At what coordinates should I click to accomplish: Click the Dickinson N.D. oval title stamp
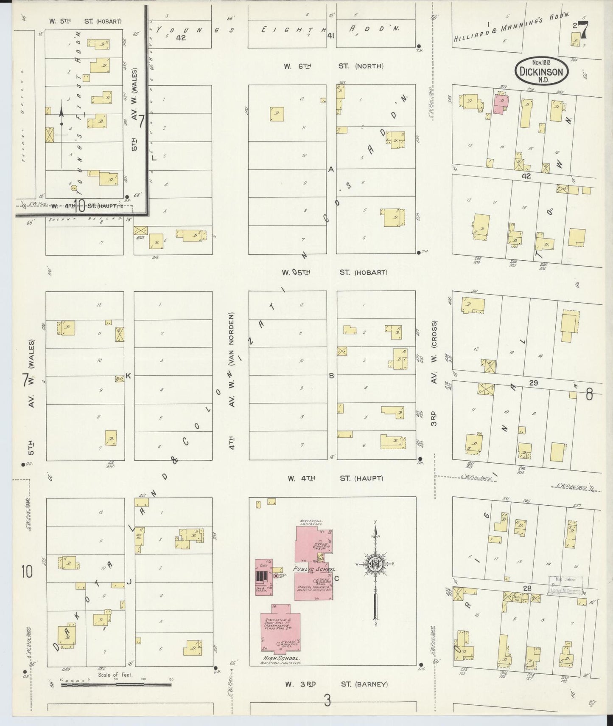pos(541,71)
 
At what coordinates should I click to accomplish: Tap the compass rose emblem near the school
pos(375,564)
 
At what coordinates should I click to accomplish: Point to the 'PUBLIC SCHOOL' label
pos(315,569)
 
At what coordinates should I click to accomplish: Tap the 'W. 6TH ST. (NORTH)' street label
pos(333,66)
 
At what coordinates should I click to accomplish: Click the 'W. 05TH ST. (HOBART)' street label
pos(334,272)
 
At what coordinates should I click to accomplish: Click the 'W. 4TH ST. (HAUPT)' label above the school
pos(335,478)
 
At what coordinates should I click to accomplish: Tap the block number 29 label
pos(533,383)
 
